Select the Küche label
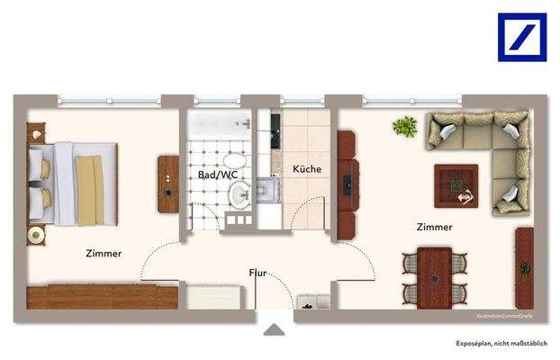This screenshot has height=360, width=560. pos(307,168)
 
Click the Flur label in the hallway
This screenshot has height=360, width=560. pos(257,272)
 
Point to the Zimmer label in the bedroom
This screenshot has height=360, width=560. pos(104,253)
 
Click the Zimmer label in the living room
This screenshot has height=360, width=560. pos(434,228)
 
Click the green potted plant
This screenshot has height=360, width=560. pos(404,129)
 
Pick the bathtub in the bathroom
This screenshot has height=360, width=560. pos(220,126)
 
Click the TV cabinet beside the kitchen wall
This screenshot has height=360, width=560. pos(347,184)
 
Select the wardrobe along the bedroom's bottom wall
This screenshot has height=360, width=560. pos(102,296)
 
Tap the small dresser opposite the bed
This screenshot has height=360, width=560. pos(168,184)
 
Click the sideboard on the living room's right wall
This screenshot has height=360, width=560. pos(524,265)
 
